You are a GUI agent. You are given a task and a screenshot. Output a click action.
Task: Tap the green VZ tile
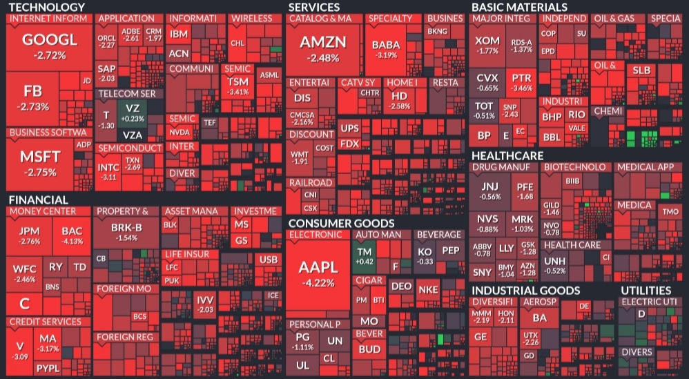pyautogui.click(x=133, y=112)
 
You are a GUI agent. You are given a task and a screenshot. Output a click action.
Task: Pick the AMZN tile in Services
pyautogui.click(x=323, y=48)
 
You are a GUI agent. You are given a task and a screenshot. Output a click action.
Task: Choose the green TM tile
pyautogui.click(x=364, y=256)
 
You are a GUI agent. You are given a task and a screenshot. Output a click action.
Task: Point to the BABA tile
pyautogui.click(x=387, y=48)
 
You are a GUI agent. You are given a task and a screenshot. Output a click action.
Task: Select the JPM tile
pyautogui.click(x=29, y=235)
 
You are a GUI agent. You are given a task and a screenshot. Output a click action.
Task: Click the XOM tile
pyautogui.click(x=487, y=46)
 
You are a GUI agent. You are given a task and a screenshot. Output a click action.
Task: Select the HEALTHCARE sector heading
pyautogui.click(x=507, y=155)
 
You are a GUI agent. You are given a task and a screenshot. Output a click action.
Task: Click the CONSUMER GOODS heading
pyautogui.click(x=341, y=224)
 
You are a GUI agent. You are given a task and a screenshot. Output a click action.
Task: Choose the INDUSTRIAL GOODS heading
pyautogui.click(x=525, y=291)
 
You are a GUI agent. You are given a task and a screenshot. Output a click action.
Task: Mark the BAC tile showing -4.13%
pyautogui.click(x=72, y=235)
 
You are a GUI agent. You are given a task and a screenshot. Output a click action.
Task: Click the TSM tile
pyautogui.click(x=237, y=86)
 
